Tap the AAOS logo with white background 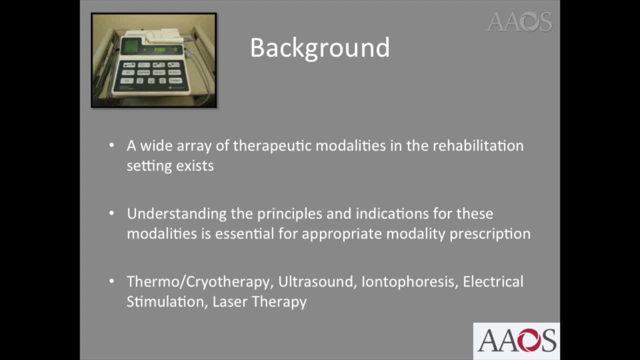516,341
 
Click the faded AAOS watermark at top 519,22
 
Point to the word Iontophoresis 409,281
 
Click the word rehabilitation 477,145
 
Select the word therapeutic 272,146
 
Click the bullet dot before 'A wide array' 111,145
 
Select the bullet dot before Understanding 111,213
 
